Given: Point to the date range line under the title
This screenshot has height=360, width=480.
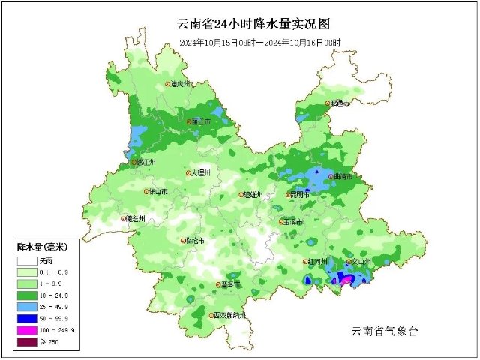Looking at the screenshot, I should point(259,43).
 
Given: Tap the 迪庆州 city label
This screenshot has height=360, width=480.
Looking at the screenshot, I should point(183,85).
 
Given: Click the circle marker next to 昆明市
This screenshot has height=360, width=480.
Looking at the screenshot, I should point(289,195).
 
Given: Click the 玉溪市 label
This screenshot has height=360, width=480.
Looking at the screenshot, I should point(293,223).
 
